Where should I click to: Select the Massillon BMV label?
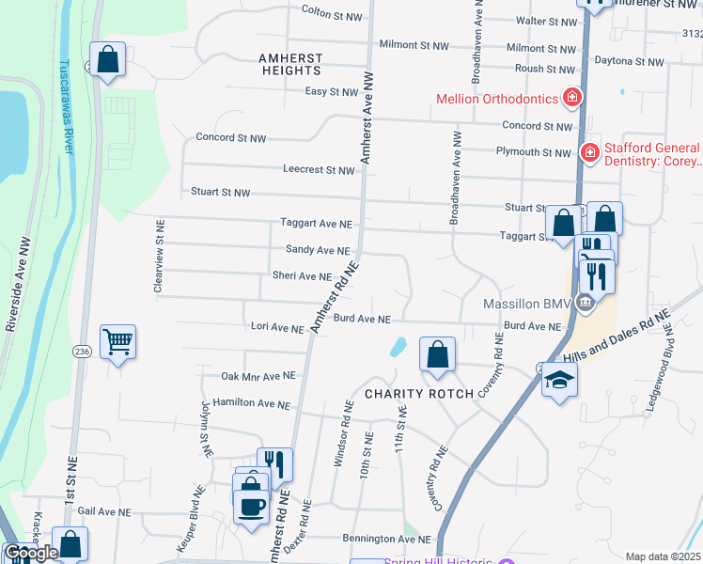pos(527,305)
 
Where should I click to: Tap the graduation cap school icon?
pos(559,379)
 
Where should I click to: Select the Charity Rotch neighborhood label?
pos(419,394)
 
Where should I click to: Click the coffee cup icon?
pos(251,507)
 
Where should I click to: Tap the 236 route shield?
pos(82,351)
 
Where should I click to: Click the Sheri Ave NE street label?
pos(301,276)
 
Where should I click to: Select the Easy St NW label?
pos(332,92)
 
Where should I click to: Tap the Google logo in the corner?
pos(30,553)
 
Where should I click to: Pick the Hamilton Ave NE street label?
pos(251,403)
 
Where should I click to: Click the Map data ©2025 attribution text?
pos(662,556)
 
